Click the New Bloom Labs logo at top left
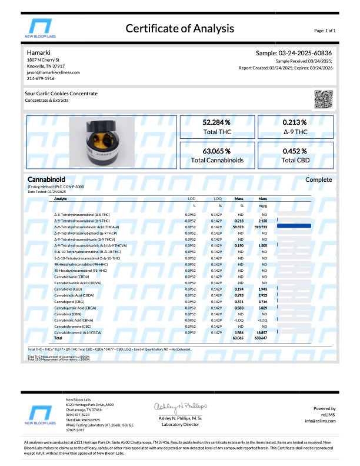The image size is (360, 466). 45,29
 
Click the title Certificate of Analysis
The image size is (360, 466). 179,28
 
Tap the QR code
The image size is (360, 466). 324,98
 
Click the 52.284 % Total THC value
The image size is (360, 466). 216,122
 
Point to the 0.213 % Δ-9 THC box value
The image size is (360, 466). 295,122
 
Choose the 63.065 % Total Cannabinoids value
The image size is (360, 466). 216,151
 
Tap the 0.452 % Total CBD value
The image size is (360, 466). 295,151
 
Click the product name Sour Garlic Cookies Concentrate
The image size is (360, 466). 62,94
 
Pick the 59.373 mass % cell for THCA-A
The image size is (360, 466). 239,226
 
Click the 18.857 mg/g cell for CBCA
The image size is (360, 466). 262,332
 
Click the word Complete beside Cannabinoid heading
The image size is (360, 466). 319,179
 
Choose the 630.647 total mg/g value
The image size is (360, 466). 262,338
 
